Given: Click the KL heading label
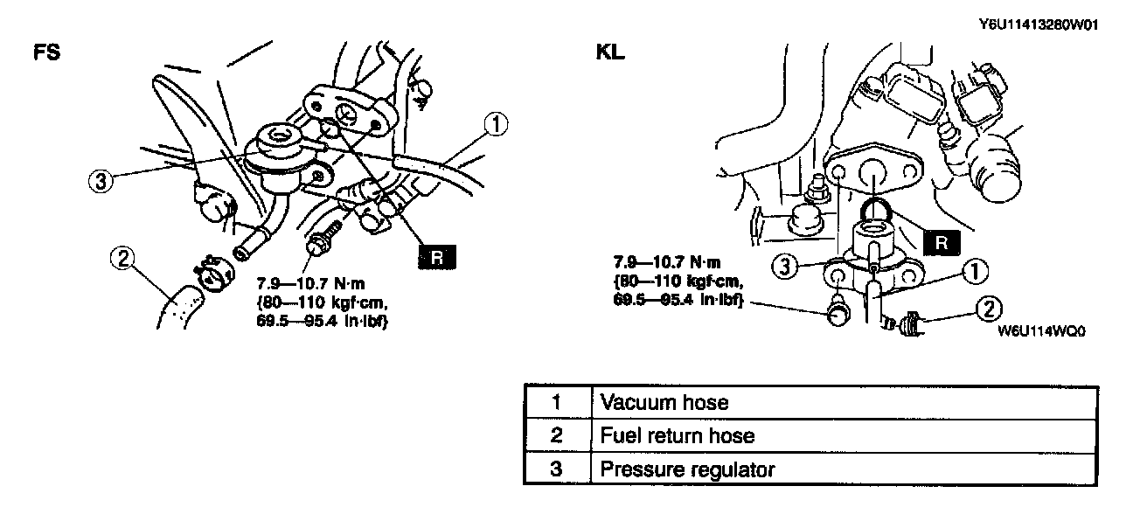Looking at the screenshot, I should [x=610, y=52].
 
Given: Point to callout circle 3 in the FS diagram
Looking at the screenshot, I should [x=102, y=182].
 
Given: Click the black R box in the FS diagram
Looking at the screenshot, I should [x=438, y=256].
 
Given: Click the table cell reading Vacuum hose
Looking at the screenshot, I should [x=662, y=403].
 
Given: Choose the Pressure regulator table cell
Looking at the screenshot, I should [x=687, y=469].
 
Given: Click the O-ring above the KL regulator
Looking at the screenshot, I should [x=879, y=211].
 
